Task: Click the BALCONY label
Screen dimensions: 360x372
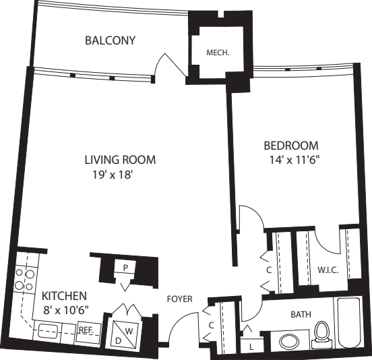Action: tap(110, 40)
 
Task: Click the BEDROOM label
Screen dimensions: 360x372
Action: tap(290, 146)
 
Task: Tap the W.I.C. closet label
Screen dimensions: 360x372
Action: tap(327, 270)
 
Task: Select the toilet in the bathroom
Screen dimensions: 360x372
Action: tap(321, 332)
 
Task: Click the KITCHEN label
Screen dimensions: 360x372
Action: tap(64, 296)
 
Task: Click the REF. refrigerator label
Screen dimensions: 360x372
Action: tap(86, 330)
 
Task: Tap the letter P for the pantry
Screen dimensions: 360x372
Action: tap(125, 268)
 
